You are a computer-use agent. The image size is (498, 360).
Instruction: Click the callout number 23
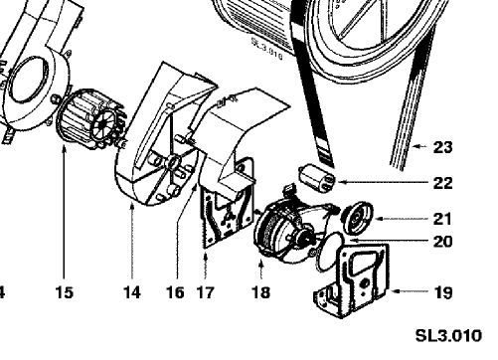[442, 147]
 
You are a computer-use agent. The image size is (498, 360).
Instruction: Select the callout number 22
[442, 183]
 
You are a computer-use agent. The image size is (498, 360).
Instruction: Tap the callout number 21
[442, 219]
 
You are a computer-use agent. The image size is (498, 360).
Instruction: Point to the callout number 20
[442, 242]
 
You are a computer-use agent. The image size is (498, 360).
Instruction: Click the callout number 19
[443, 292]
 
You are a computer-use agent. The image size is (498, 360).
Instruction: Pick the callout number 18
[261, 292]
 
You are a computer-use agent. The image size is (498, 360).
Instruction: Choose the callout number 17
[206, 292]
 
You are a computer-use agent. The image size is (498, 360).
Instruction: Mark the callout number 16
[175, 292]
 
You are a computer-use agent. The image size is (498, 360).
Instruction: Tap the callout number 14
[132, 292]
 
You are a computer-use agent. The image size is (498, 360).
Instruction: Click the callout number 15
[64, 292]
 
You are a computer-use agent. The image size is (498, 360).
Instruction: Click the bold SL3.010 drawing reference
[448, 336]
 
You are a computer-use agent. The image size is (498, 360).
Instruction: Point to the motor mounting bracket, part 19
[355, 280]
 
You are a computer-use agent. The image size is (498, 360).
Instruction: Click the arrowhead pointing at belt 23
[415, 146]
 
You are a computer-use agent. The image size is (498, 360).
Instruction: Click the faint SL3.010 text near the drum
[267, 48]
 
